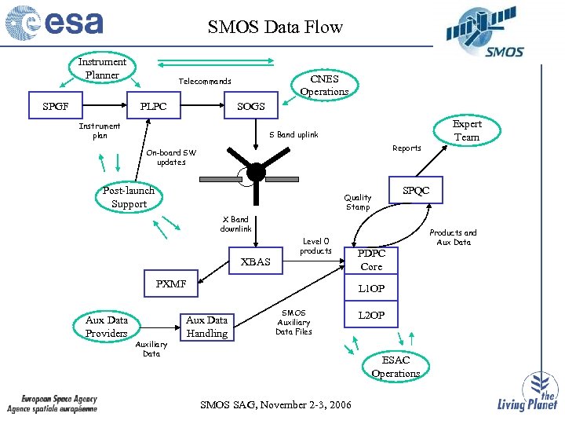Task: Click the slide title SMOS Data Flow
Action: [x=275, y=27]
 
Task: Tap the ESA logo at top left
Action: [x=55, y=24]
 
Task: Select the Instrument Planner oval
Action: [x=102, y=68]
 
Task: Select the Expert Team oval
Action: [x=467, y=130]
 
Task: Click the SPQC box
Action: [x=416, y=191]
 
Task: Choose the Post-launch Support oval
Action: [x=129, y=197]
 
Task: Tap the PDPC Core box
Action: [x=372, y=260]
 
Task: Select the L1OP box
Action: [x=372, y=288]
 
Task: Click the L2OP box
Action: [x=372, y=315]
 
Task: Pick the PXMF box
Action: [x=171, y=284]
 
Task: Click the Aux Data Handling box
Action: [x=206, y=326]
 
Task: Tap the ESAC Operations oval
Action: [x=395, y=367]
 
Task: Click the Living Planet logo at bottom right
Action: [x=527, y=393]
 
